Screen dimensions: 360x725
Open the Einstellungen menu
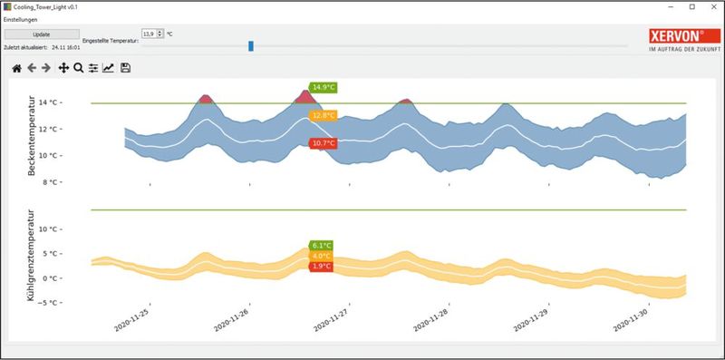click(21, 19)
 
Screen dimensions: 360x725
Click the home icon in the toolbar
click(16, 67)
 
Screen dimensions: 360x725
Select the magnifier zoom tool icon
click(78, 67)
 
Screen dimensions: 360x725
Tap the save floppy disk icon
click(125, 67)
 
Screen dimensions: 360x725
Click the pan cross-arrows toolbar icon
click(63, 67)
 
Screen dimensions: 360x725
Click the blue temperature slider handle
click(251, 45)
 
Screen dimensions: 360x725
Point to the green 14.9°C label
click(324, 88)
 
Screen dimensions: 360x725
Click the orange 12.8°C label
click(324, 116)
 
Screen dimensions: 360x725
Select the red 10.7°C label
click(324, 143)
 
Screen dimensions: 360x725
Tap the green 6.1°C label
click(322, 245)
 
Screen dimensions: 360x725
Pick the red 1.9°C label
click(322, 266)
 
